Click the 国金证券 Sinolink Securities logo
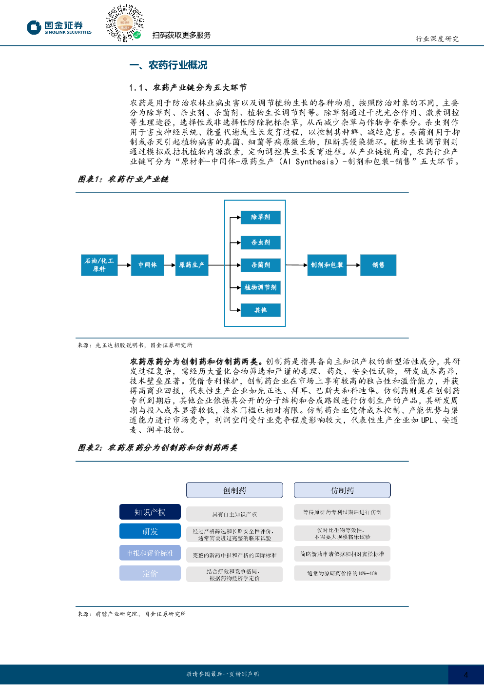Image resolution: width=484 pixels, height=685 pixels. tap(59, 27)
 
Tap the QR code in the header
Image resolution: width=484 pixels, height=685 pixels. tap(125, 23)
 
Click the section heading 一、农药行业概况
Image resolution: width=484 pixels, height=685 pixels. tap(168, 65)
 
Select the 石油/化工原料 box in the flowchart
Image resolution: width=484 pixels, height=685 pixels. tap(99, 265)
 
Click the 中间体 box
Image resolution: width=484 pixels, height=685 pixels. tap(147, 265)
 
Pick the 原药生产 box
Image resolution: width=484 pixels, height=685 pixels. tap(192, 265)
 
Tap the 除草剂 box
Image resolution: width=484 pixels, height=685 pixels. tap(261, 218)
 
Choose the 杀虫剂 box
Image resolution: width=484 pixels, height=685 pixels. tap(261, 242)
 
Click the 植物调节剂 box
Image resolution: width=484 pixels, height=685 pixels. tap(261, 287)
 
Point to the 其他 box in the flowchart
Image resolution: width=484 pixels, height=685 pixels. tap(261, 310)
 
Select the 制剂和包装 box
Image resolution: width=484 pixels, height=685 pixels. tap(327, 265)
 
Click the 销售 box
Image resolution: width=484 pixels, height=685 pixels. tap(378, 265)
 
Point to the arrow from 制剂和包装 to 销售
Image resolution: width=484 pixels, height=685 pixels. tap(353, 265)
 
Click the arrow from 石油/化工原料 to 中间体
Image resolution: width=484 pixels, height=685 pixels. tap(124, 265)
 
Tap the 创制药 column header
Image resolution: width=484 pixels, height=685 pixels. tap(234, 490)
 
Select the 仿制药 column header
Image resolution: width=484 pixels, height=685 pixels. tap(342, 490)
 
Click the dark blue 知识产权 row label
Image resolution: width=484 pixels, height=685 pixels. tap(150, 512)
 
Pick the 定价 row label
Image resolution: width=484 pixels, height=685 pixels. tap(150, 573)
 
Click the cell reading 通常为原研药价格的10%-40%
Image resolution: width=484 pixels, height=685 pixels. tap(342, 573)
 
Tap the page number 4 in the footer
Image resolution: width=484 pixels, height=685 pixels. tap(465, 674)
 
